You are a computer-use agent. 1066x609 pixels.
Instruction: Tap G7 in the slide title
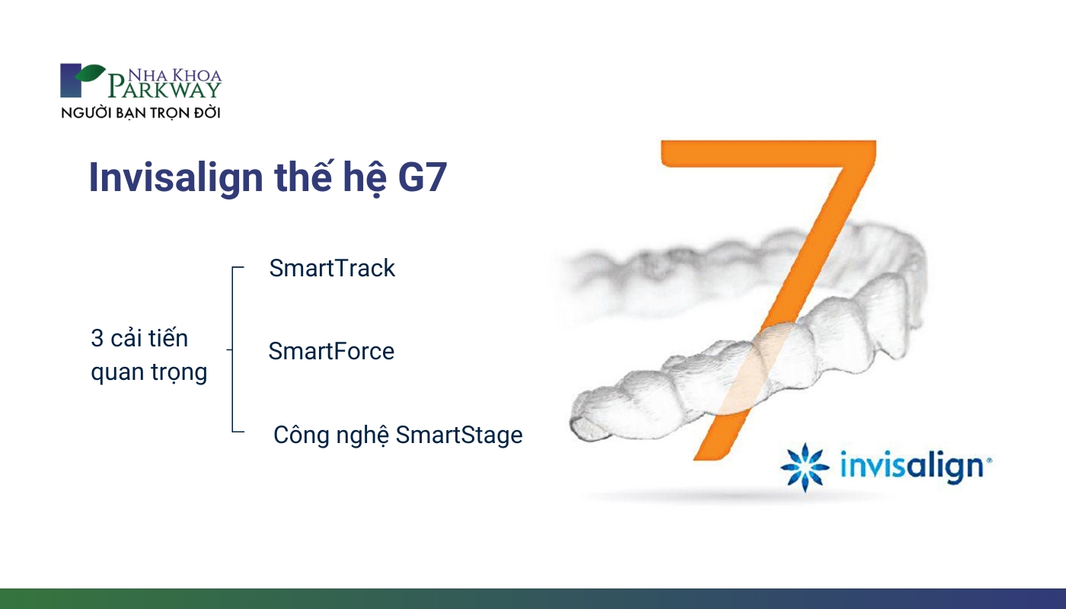pos(422,177)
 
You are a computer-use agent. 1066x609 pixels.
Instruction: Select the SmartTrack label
pos(332,268)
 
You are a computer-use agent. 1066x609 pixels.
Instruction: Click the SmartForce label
pos(331,351)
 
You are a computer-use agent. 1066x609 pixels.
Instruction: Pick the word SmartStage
pos(459,435)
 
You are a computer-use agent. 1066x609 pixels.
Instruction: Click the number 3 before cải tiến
pos(97,338)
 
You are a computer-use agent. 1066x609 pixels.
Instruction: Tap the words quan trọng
pos(149,372)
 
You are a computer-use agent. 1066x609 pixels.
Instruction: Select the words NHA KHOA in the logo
pos(175,75)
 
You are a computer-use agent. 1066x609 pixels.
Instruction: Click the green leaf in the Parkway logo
pos(91,73)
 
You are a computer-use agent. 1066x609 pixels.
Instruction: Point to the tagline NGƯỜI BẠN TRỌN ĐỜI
pos(141,113)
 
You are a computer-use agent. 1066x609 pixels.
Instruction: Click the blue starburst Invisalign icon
pos(806,467)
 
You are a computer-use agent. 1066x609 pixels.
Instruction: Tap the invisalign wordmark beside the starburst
pos(912,467)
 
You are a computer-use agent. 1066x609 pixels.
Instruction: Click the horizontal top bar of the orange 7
pos(768,154)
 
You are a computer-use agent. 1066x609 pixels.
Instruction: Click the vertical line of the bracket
pos(233,349)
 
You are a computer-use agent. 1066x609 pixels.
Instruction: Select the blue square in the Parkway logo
pos(70,81)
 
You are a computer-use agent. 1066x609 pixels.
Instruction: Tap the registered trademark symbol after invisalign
pos(989,460)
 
